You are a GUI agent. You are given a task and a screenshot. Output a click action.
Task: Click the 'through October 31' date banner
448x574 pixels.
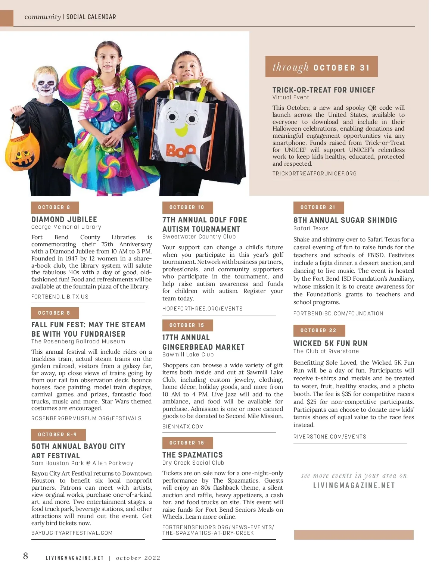[x=321, y=67]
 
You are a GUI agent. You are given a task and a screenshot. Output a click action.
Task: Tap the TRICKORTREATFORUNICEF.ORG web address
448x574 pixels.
[x=314, y=174]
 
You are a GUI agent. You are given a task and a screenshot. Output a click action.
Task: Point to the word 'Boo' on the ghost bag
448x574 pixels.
[x=181, y=150]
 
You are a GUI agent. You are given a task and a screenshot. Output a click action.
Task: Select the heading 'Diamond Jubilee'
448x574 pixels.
[x=64, y=219]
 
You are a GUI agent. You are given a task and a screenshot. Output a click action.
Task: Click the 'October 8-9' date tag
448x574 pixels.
[x=58, y=434]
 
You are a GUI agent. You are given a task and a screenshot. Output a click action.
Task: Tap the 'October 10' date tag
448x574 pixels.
[x=187, y=208]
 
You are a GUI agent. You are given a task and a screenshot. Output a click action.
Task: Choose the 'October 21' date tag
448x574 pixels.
[x=318, y=208]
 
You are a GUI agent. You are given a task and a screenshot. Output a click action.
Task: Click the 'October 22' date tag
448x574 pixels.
[x=319, y=331]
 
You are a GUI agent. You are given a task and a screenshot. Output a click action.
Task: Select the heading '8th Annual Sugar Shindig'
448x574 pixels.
[x=345, y=220]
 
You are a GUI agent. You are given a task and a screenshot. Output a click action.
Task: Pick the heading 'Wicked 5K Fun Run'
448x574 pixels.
[x=330, y=343]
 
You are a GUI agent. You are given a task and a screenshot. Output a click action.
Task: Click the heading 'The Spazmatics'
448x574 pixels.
[x=192, y=455]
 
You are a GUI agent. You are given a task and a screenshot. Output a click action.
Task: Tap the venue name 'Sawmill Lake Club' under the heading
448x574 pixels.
[x=188, y=355]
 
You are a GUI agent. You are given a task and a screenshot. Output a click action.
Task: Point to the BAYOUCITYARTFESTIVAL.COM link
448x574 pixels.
[x=72, y=533]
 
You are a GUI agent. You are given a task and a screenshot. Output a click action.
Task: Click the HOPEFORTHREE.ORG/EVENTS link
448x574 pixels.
[x=202, y=309]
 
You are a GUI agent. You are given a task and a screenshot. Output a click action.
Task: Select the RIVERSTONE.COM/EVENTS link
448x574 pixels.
[x=330, y=437]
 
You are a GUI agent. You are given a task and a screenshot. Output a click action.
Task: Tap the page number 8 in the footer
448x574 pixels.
[x=25, y=556]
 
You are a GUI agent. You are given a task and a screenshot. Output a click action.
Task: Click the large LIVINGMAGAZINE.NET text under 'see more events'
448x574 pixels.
[x=354, y=486]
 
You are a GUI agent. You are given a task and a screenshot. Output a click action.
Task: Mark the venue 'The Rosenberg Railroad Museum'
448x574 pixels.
[x=78, y=341]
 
